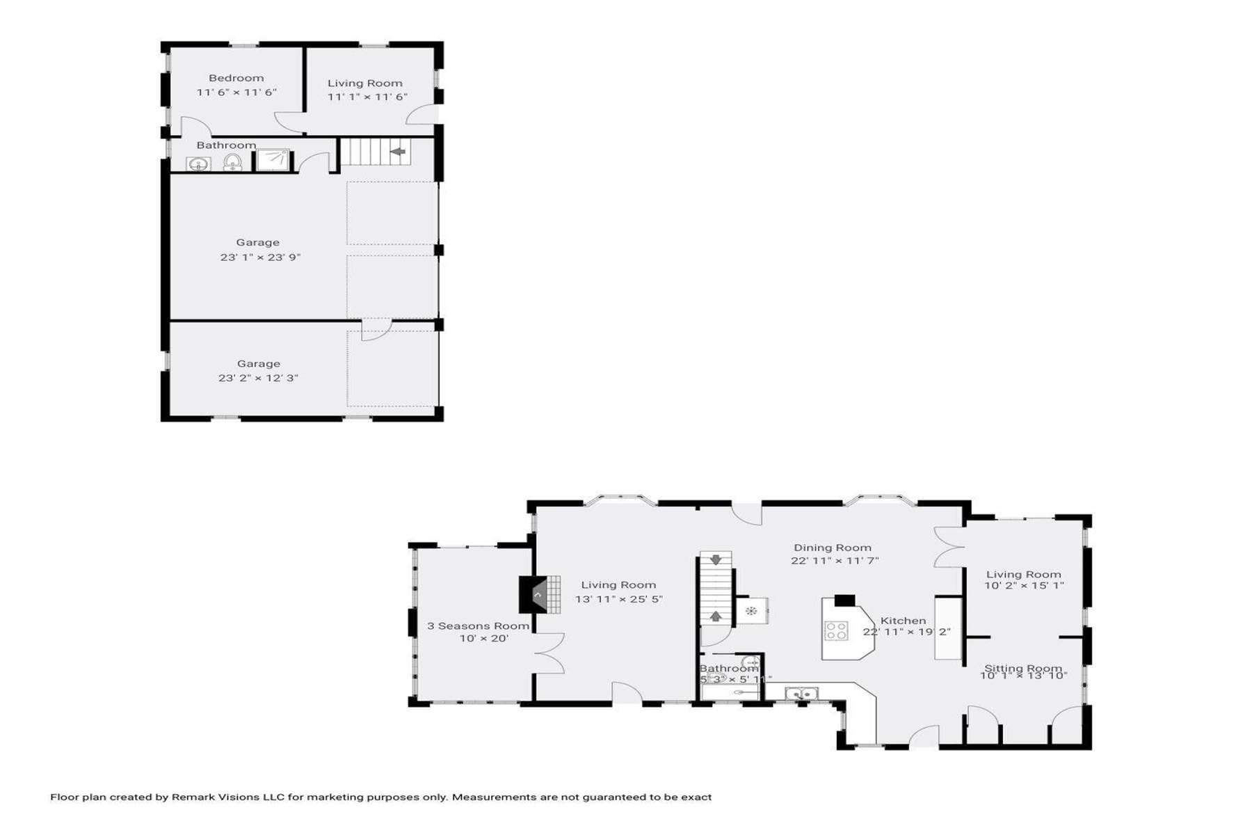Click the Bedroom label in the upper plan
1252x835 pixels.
point(236,78)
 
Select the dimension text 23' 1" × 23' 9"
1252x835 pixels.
point(260,257)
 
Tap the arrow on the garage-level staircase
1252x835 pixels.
point(397,151)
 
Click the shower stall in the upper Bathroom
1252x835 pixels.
point(272,160)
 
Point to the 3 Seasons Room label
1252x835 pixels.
point(478,626)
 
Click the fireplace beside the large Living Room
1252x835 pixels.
point(534,595)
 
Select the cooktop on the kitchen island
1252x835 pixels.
point(836,630)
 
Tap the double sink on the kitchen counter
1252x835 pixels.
point(801,693)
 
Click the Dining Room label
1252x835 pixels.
point(833,548)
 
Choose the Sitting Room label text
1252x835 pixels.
point(1022,668)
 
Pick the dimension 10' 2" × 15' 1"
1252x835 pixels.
point(1024,586)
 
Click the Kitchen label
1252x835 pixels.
point(903,621)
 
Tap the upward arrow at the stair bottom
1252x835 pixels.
point(716,616)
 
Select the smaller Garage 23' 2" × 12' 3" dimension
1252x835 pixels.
point(258,378)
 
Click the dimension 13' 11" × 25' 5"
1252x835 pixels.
point(618,598)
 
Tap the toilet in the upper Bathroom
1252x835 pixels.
point(232,163)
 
